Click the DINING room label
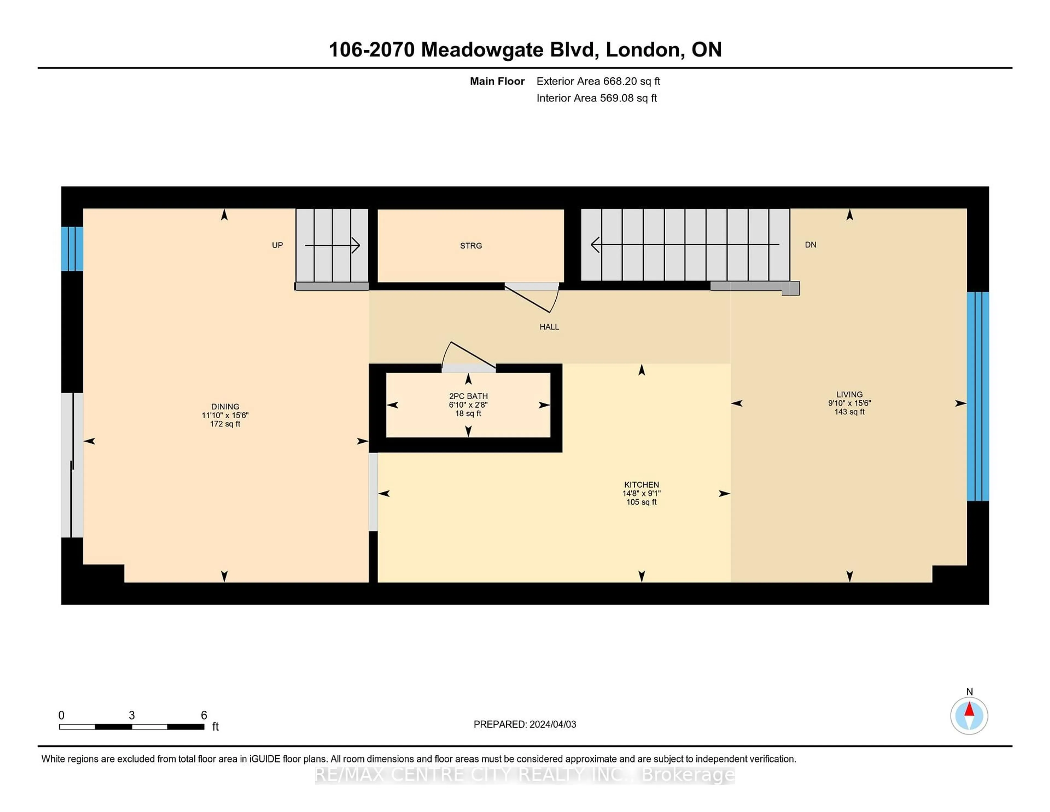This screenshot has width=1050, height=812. (225, 407)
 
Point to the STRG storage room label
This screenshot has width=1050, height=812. (471, 246)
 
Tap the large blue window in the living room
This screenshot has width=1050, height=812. (978, 396)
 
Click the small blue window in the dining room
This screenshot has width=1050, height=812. (72, 249)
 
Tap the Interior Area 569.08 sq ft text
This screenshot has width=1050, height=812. (596, 98)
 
